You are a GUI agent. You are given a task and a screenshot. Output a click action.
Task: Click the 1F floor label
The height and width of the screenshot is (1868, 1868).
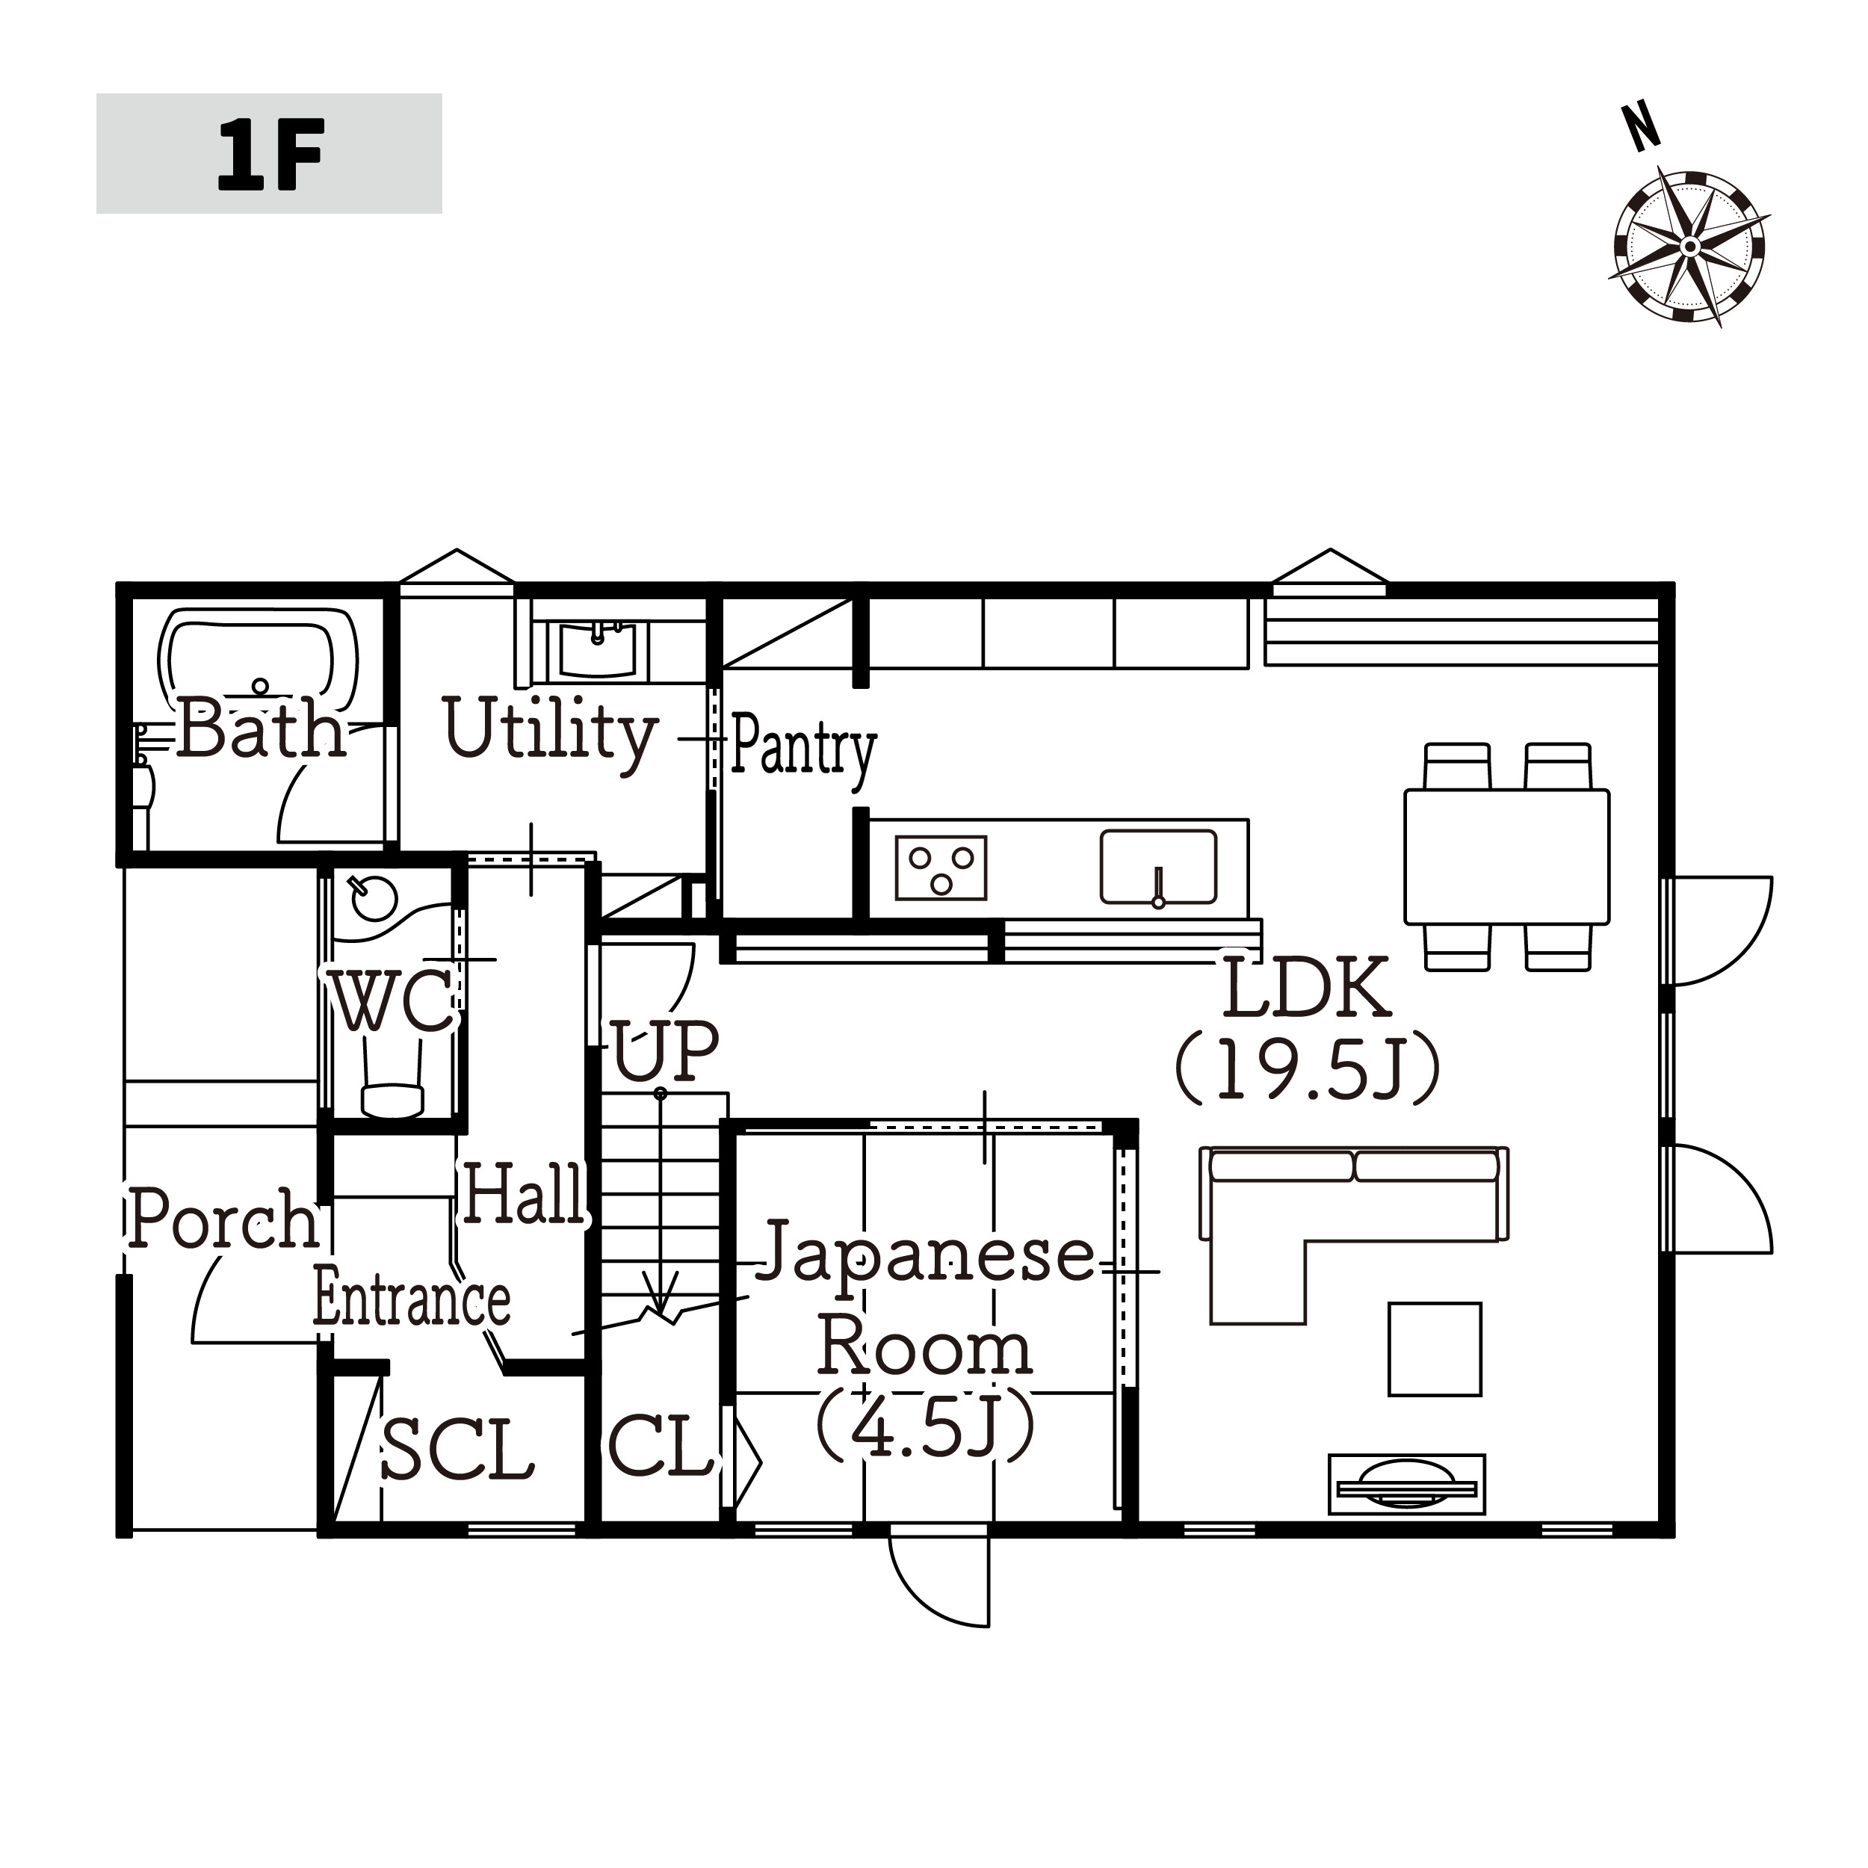pyautogui.click(x=270, y=155)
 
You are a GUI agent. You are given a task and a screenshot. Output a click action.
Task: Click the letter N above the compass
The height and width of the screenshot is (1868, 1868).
pyautogui.click(x=1641, y=128)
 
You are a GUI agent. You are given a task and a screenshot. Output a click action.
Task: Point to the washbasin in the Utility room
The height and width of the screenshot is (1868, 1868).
pyautogui.click(x=596, y=649)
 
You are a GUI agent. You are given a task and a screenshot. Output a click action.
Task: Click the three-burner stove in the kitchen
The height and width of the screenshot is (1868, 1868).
pyautogui.click(x=941, y=867)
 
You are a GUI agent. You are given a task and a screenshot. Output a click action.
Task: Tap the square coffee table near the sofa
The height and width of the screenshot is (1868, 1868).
pyautogui.click(x=1435, y=1349)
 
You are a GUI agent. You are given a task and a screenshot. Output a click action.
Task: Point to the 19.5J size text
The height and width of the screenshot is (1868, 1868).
pyautogui.click(x=1307, y=1070)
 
